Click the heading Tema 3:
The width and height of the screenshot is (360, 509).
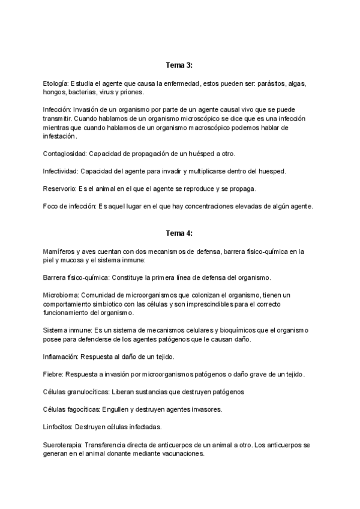[x=179, y=64]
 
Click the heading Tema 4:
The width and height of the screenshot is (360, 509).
[x=179, y=233]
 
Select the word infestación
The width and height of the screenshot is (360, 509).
[x=61, y=136]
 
